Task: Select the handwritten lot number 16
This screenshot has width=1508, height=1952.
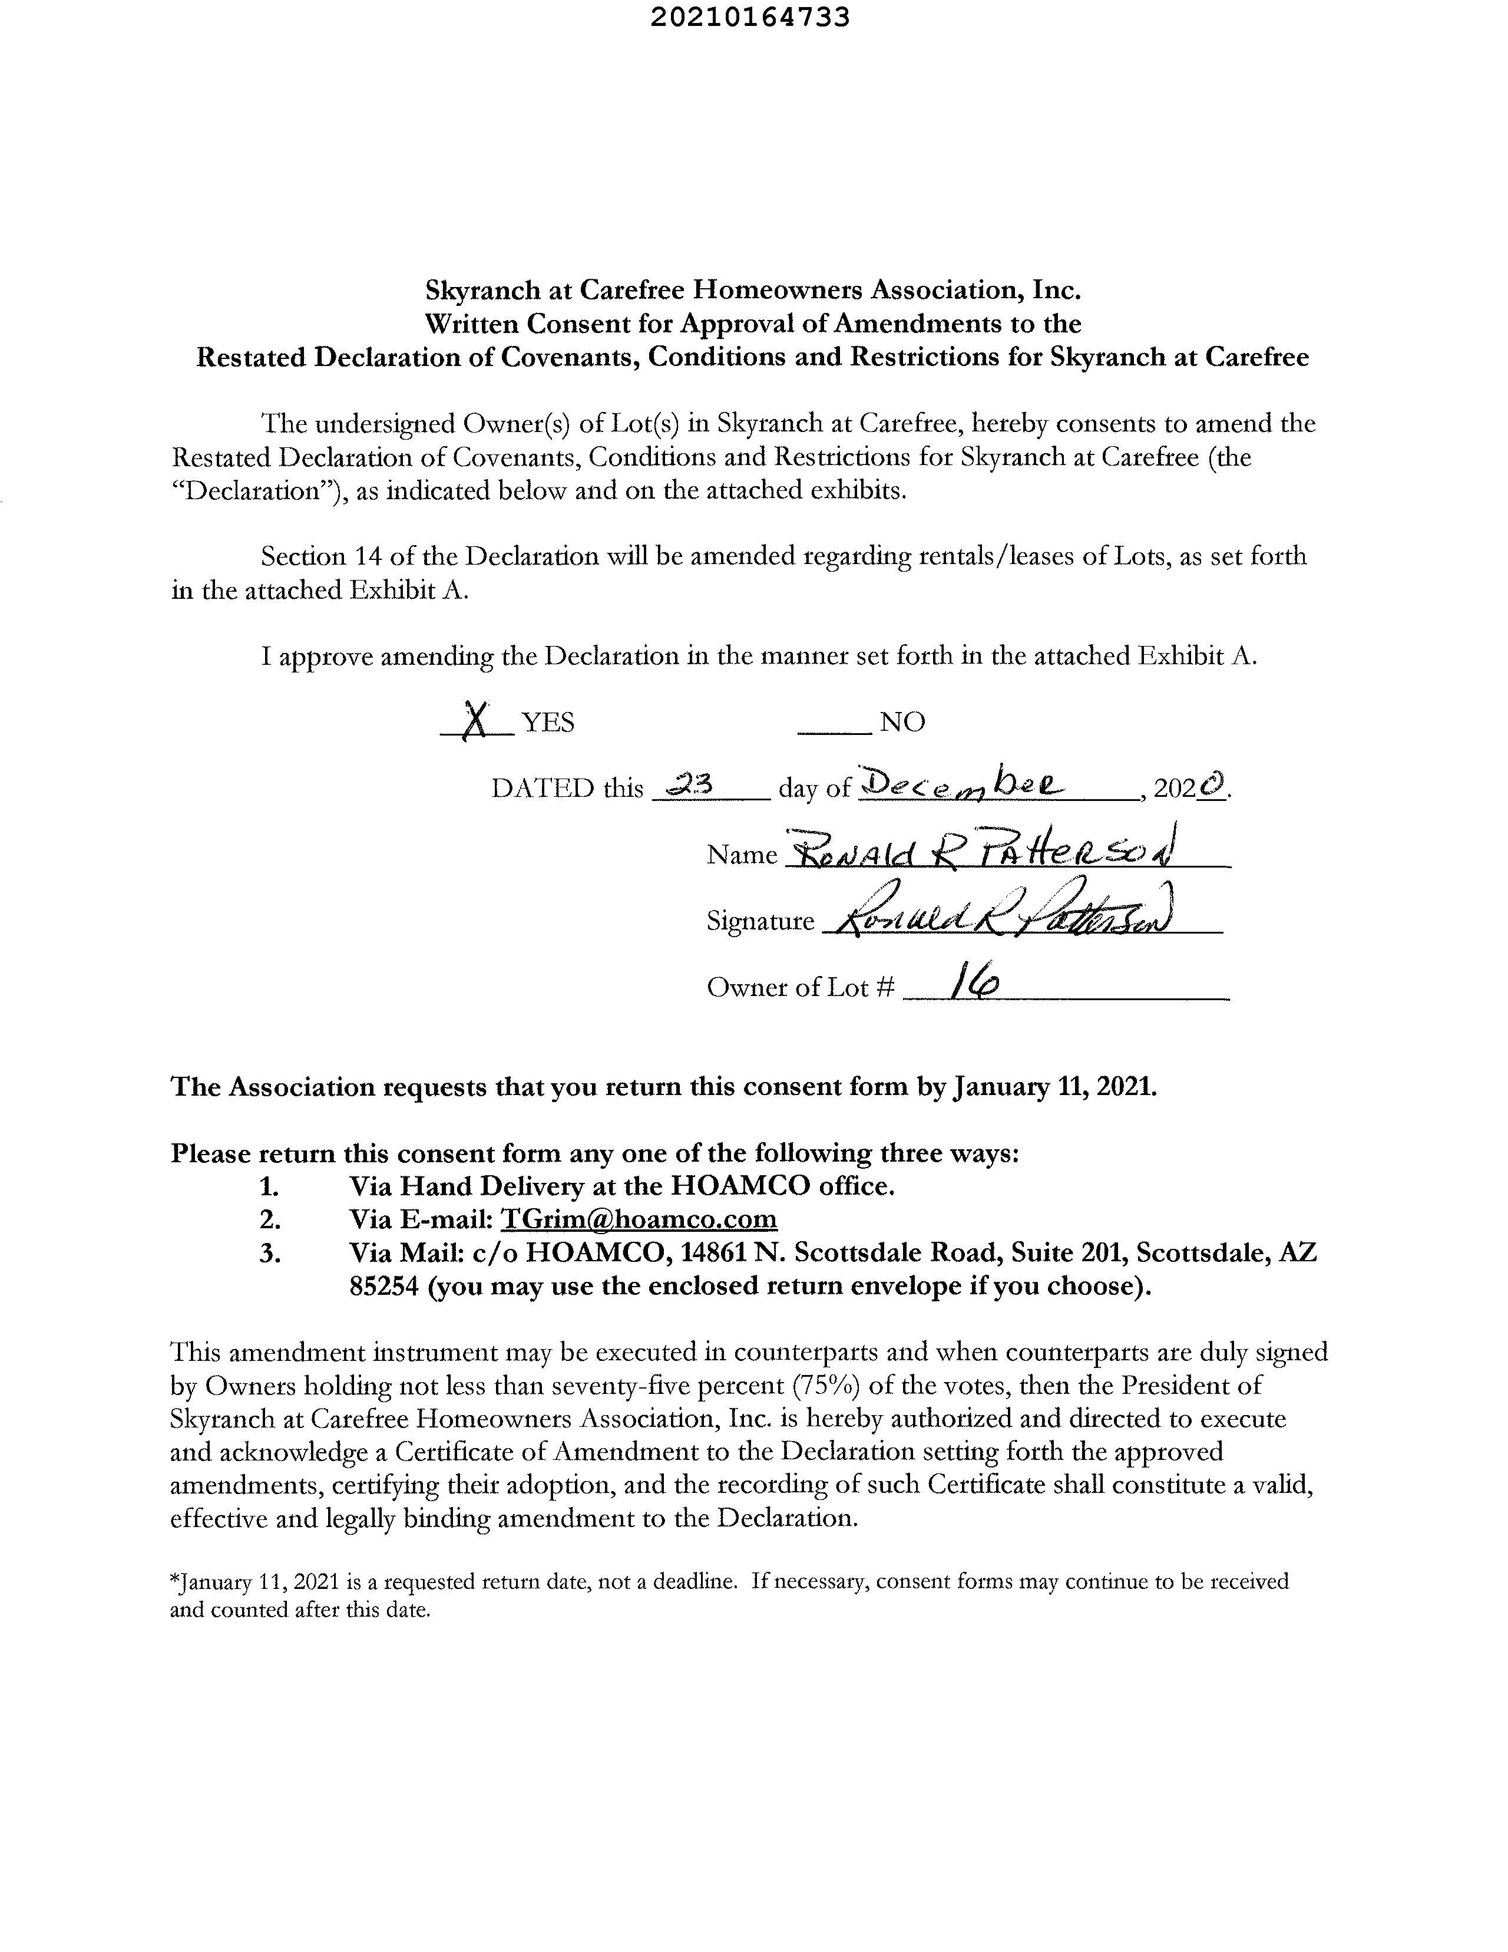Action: (x=975, y=984)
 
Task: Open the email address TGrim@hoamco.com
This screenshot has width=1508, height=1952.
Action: (x=638, y=1219)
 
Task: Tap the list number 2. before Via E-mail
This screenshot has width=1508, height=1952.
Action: (x=270, y=1219)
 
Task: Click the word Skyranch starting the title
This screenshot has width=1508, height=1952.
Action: (x=482, y=291)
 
